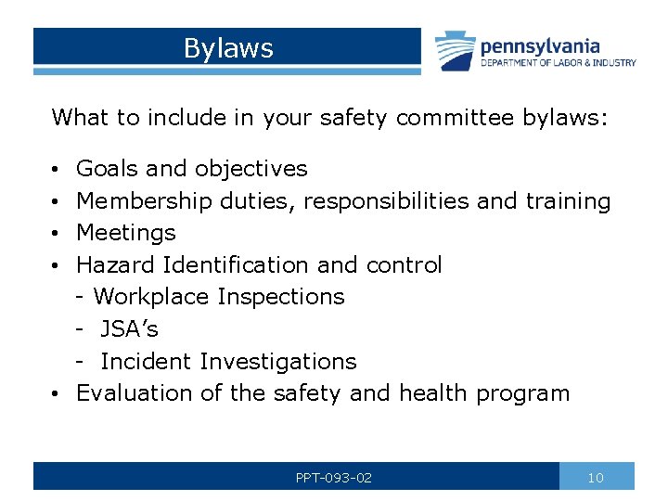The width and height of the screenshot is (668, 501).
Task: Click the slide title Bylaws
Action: click(x=228, y=48)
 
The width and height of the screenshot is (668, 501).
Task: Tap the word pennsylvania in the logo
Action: click(x=539, y=45)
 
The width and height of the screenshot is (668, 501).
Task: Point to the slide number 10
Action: click(x=596, y=478)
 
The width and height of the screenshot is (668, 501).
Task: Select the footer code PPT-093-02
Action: click(x=334, y=478)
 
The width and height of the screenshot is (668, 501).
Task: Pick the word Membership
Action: click(x=145, y=201)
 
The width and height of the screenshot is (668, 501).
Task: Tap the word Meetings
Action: click(x=125, y=233)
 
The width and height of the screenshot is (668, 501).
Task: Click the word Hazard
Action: click(x=115, y=265)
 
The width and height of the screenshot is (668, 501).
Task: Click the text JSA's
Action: click(x=129, y=329)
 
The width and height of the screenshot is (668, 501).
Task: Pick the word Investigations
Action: click(x=277, y=361)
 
